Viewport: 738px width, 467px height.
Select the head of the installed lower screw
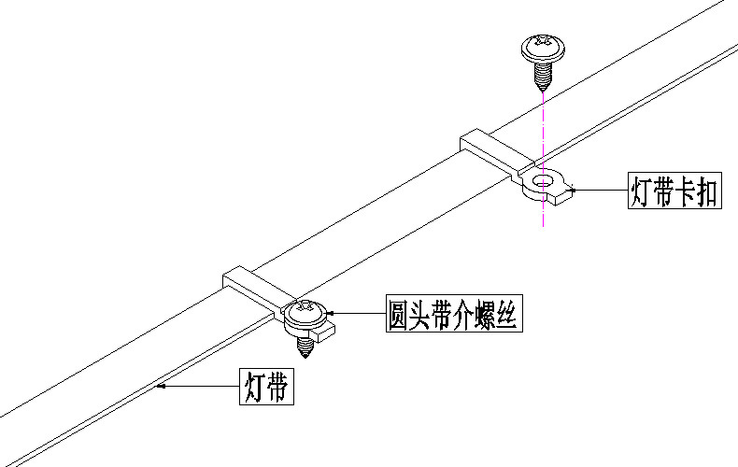coord(306,310)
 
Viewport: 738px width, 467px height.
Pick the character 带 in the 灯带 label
coord(278,387)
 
